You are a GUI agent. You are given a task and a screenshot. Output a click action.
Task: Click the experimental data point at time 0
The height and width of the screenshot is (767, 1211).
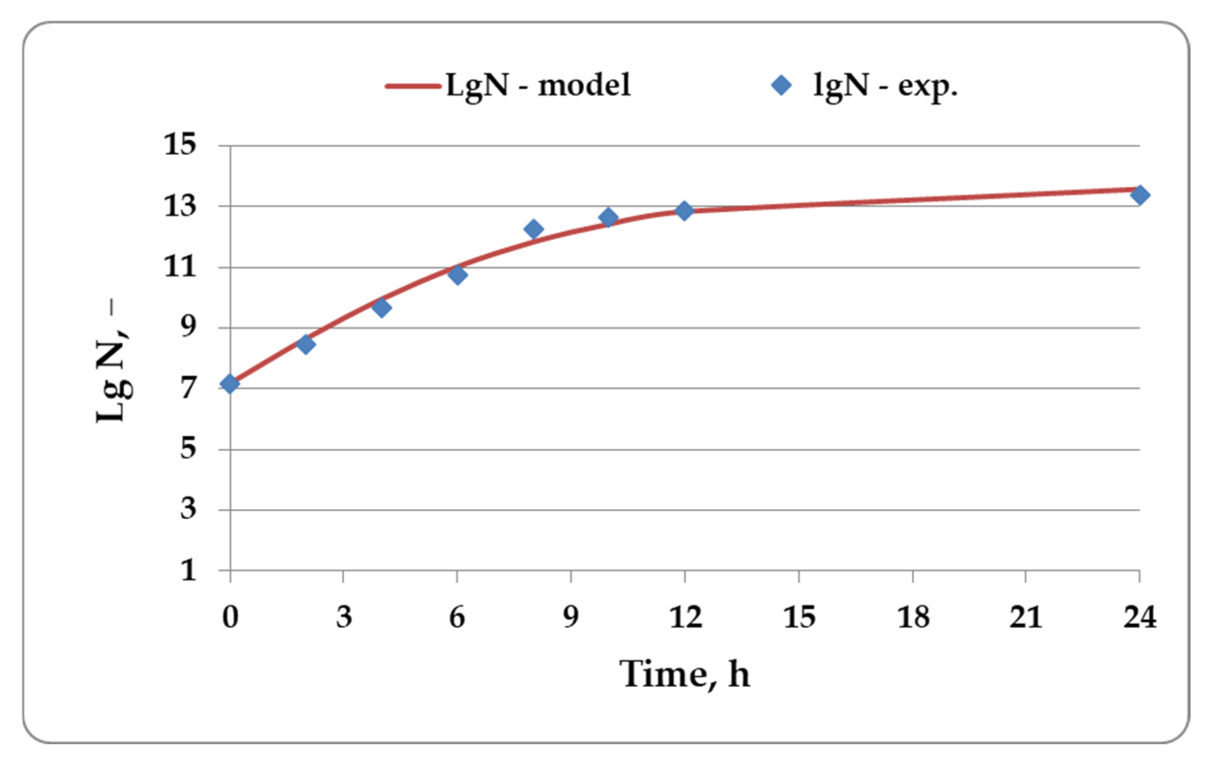(230, 384)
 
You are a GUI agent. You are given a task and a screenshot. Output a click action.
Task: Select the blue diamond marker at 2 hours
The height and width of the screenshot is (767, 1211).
(306, 344)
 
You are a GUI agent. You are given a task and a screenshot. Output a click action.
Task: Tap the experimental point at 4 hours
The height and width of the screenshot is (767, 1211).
(382, 308)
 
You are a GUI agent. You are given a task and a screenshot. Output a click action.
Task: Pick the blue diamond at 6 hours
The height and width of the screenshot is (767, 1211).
(457, 274)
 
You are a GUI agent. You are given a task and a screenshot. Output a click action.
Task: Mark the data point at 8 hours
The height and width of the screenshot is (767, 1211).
(533, 229)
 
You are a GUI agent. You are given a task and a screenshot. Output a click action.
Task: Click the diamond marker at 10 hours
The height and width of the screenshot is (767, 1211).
(609, 218)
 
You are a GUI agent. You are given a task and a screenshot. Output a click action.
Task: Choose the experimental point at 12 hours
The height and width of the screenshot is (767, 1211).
(684, 210)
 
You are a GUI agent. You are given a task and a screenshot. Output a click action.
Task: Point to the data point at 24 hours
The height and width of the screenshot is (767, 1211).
(1139, 195)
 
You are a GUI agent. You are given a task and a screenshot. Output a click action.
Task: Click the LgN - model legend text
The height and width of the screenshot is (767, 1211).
(537, 85)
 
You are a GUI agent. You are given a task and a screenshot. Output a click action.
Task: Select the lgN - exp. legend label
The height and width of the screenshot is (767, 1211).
(885, 85)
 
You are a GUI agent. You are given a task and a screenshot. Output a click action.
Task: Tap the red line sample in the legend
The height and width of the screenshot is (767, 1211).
(413, 86)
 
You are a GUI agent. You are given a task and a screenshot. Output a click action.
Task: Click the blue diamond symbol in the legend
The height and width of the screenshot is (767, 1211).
(781, 85)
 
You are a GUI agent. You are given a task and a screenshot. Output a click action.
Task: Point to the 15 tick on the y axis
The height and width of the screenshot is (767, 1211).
(180, 144)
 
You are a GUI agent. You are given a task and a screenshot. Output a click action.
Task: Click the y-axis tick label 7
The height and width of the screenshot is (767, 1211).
(188, 388)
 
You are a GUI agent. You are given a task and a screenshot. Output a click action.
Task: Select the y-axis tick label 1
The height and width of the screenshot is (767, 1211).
(188, 570)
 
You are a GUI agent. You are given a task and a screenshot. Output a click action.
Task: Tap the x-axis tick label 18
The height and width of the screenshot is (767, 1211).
(913, 617)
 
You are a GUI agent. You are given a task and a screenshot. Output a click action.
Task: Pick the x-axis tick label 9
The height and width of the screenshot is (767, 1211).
(570, 617)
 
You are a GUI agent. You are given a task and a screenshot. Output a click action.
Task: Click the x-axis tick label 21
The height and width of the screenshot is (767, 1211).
(1025, 617)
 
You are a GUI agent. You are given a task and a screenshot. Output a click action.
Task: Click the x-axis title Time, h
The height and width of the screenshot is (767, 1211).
(684, 674)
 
